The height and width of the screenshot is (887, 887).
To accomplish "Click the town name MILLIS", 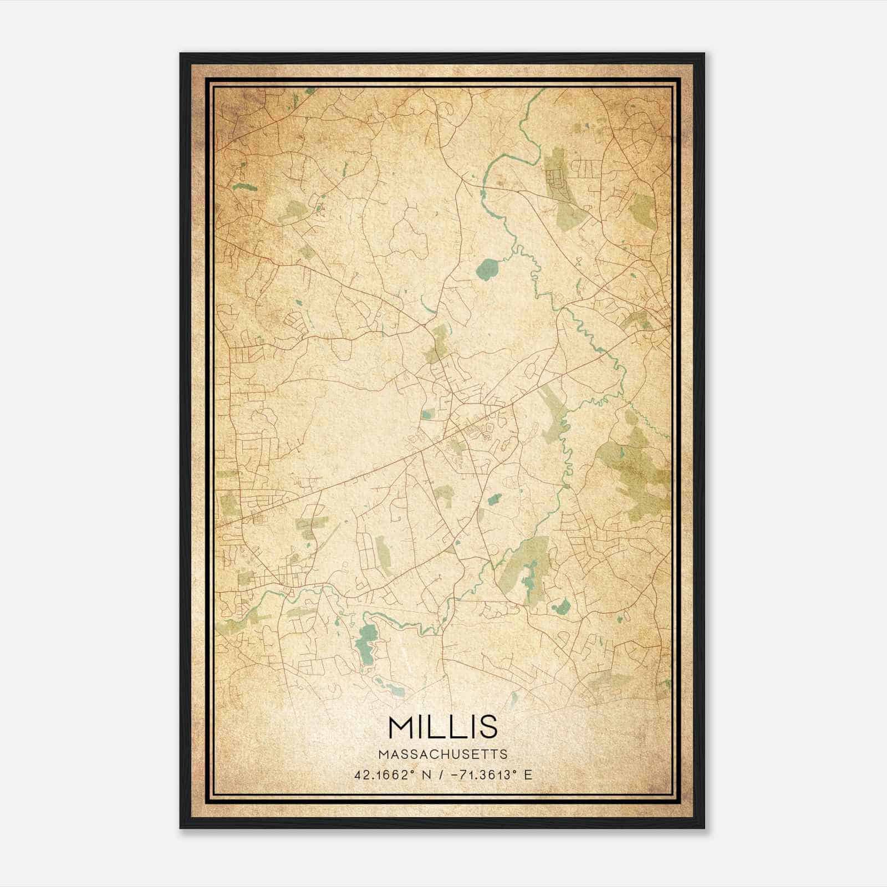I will point(443,726).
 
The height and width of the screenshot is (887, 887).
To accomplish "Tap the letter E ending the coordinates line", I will point(528,774).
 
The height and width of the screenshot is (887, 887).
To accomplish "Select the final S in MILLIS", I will point(488,726).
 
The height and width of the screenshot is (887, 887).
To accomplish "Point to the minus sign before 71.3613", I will point(455,774).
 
